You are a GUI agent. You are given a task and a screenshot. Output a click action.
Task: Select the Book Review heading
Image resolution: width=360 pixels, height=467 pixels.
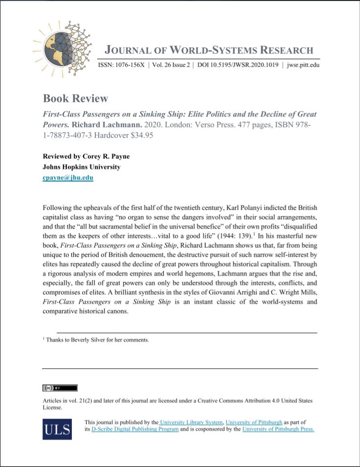75,98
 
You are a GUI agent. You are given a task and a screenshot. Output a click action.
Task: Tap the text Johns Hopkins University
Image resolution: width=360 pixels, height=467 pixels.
81,167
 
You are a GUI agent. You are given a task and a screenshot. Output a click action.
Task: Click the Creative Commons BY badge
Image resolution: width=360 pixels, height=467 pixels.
60,388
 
